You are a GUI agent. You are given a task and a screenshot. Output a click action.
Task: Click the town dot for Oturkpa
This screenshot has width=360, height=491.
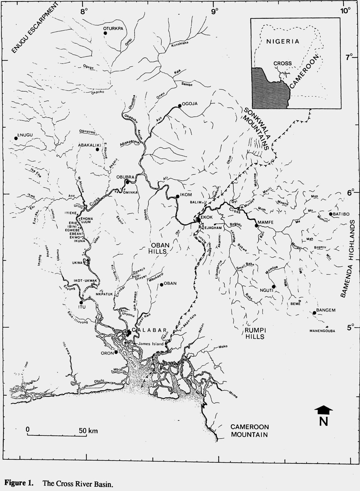105,33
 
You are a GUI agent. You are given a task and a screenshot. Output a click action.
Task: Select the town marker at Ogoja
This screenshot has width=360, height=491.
179,106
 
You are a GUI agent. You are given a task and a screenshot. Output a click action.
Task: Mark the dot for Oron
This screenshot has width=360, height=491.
116,352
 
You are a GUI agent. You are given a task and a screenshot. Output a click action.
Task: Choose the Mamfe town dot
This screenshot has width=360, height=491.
256,225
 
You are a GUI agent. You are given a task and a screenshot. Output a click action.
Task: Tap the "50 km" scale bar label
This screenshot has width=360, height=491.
88,430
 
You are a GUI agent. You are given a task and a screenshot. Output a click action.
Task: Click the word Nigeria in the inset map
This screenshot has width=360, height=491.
282,41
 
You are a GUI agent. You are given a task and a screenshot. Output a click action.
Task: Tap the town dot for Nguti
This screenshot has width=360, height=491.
273,286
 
